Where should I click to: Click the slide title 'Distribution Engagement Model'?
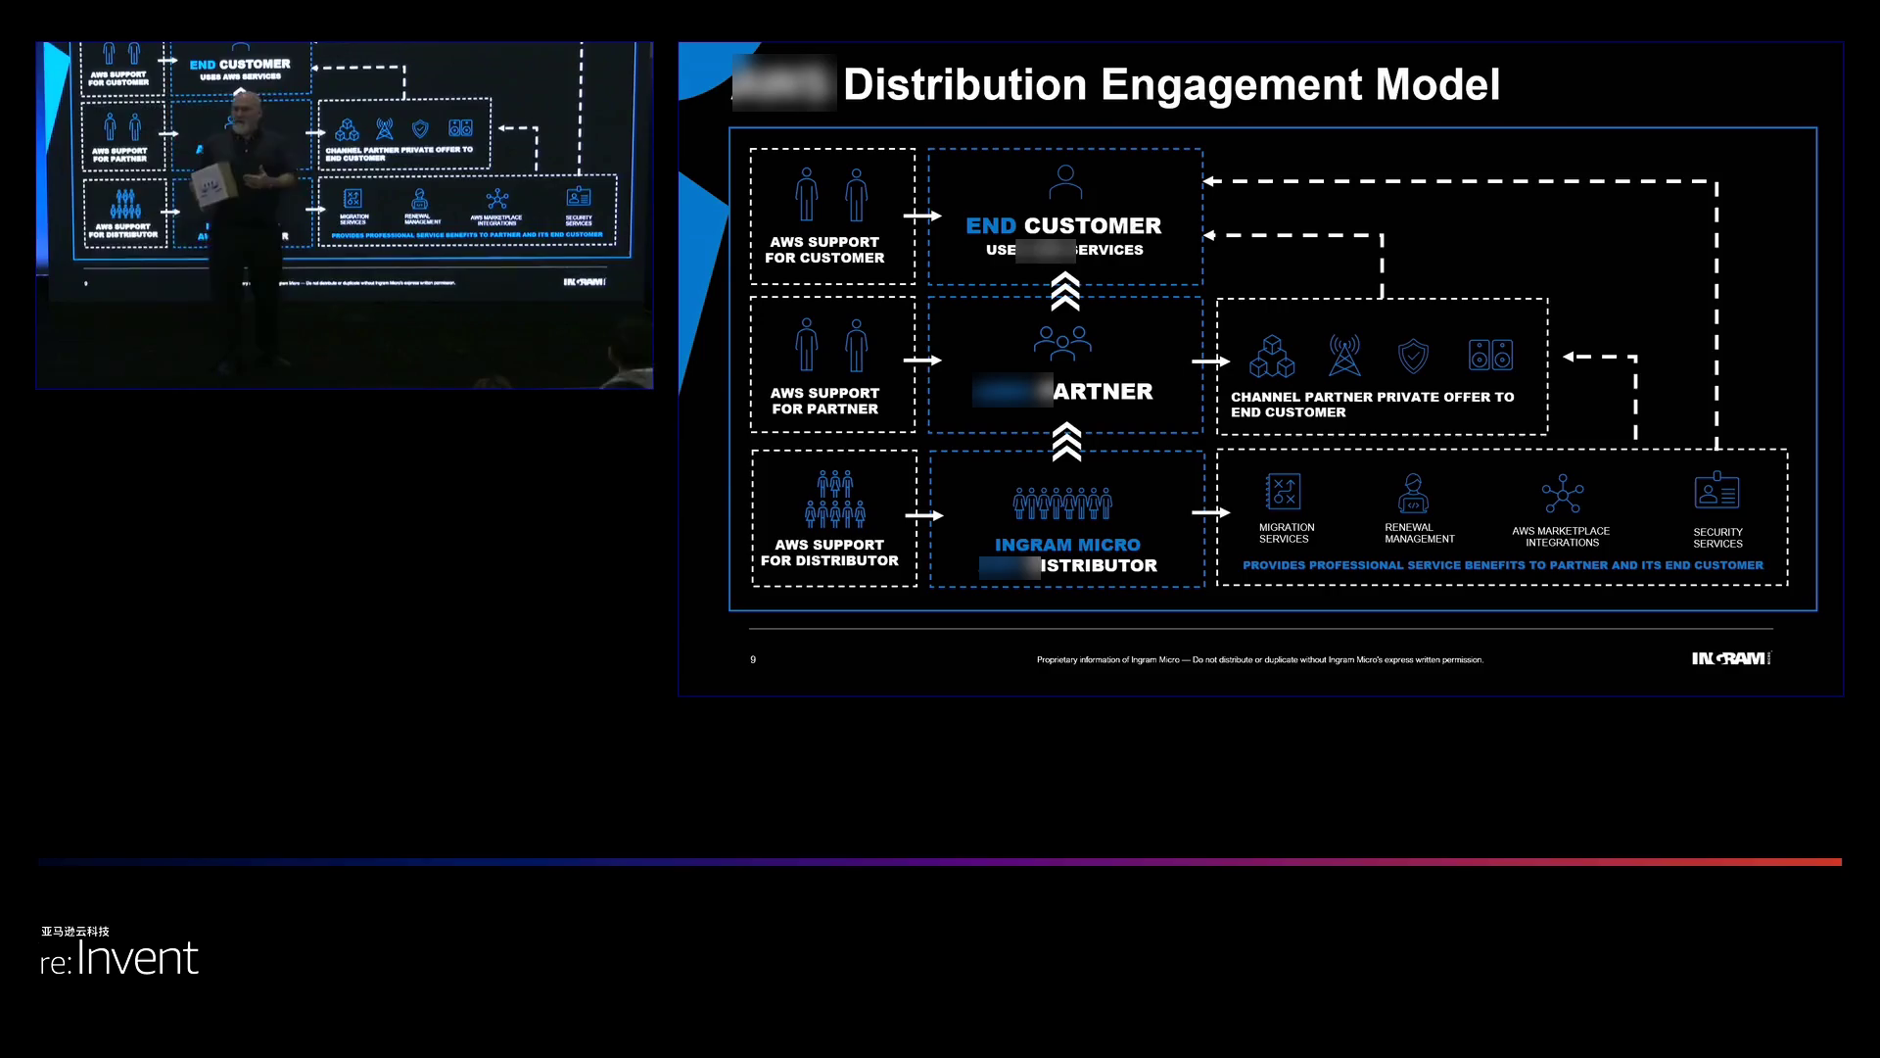[1171, 84]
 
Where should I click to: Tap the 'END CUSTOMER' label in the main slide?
[1063, 226]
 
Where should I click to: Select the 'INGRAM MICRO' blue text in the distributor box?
[1067, 545]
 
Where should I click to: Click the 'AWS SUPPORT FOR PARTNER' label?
[824, 401]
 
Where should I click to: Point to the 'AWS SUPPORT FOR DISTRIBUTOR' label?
[829, 553]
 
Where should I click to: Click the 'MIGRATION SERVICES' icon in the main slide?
[1283, 492]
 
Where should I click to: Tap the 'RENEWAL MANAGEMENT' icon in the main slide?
[1413, 494]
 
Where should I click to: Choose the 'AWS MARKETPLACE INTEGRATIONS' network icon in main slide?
[1562, 495]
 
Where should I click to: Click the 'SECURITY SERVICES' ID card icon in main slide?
[1716, 492]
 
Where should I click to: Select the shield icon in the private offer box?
[1413, 357]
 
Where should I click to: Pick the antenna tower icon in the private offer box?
[1344, 356]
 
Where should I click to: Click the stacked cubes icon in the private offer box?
[1272, 357]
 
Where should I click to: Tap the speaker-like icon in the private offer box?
[1490, 355]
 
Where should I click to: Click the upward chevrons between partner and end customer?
[1065, 292]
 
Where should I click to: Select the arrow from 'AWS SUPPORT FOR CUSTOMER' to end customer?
[921, 216]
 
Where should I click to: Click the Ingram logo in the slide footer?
[1730, 658]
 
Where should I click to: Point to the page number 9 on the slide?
[753, 660]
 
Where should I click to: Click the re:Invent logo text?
[119, 958]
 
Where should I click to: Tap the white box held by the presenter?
[213, 186]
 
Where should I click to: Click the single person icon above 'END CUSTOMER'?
[1065, 182]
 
